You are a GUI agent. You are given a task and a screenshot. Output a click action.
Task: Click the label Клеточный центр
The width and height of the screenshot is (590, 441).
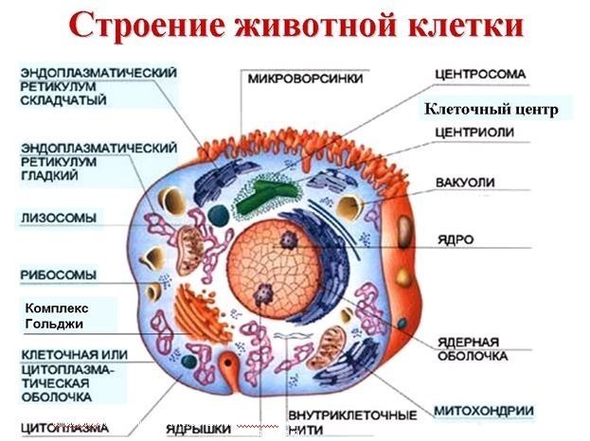(491, 110)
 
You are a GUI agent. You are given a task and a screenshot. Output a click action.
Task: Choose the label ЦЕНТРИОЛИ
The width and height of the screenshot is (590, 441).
(474, 132)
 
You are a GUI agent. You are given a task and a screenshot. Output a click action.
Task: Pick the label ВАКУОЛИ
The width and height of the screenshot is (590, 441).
(462, 180)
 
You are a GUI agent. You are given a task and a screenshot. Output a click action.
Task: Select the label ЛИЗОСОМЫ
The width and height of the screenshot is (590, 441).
(59, 219)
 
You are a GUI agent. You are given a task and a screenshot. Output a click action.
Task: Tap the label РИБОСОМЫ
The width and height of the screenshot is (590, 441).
(59, 275)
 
